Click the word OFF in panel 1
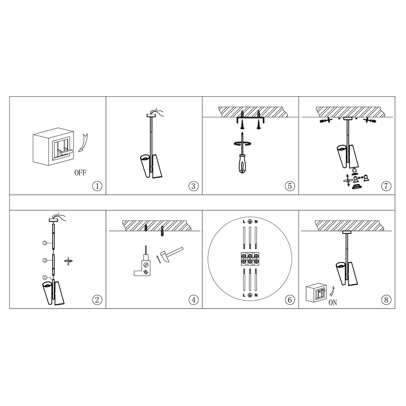click(x=80, y=173)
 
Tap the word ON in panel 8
click(x=333, y=302)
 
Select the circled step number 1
click(x=97, y=186)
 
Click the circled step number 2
click(x=97, y=300)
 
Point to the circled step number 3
click(x=193, y=186)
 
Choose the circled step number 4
click(x=193, y=300)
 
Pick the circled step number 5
click(x=290, y=186)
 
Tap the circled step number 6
click(x=290, y=300)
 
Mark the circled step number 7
click(x=386, y=186)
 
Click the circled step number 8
click(x=386, y=300)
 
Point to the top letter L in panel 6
click(x=244, y=222)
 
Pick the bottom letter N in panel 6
click(x=256, y=295)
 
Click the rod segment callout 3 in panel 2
click(x=45, y=243)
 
